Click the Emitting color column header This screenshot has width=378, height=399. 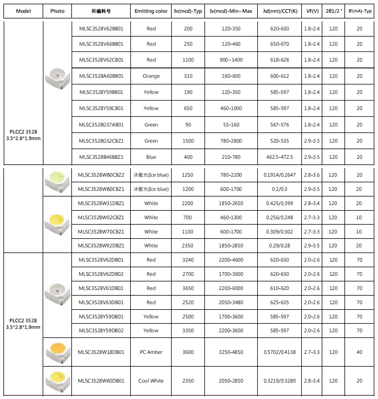point(151,11)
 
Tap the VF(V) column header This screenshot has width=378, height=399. point(312,11)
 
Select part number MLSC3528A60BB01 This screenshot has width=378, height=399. point(101,76)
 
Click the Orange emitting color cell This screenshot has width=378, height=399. point(151,76)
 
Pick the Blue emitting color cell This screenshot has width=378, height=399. point(151,157)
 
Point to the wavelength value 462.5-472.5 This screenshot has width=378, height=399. point(279,157)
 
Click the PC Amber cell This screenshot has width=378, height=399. point(151,352)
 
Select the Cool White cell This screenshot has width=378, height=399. point(151,381)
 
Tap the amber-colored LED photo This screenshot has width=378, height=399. point(58,352)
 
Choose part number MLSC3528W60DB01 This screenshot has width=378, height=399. point(101,381)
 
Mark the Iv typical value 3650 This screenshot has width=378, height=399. point(188,288)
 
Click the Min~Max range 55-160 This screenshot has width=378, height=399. point(231,125)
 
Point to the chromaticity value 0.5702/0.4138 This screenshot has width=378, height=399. point(279,352)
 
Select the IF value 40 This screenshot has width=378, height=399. point(359,352)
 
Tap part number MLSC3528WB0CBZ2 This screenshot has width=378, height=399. point(101,175)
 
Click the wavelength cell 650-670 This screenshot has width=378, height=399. point(279,44)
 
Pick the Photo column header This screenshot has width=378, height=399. point(57,11)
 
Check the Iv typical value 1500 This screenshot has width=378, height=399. point(188,141)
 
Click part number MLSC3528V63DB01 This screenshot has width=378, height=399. point(101,302)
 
